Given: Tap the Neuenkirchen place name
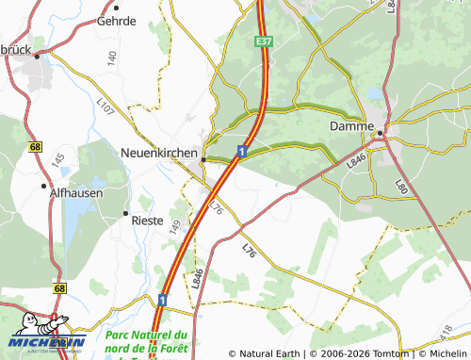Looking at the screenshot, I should tap(158, 152).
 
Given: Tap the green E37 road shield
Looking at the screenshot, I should tap(263, 42).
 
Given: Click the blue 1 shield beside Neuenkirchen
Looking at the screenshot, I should tap(242, 151).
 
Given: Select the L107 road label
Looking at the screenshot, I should tap(105, 108).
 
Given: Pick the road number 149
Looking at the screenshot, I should tap(174, 225).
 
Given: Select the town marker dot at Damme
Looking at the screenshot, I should tap(381, 134).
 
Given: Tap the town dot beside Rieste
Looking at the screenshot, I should tap(125, 216).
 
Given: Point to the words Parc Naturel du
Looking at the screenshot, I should tap(147, 335).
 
